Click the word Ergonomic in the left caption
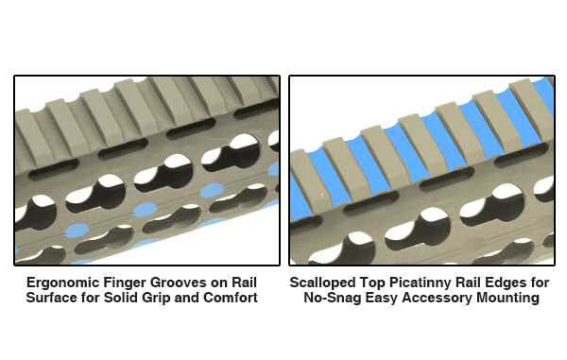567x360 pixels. click(63, 283)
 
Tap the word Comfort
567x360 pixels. click(231, 298)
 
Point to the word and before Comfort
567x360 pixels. click(186, 298)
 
